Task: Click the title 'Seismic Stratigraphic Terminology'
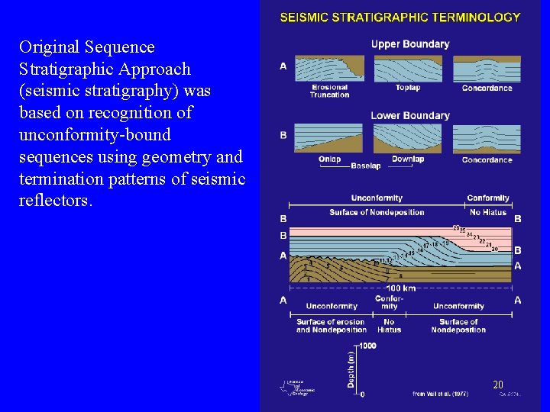click(x=400, y=17)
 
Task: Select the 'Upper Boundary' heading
click(x=410, y=44)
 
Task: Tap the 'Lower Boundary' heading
click(x=410, y=115)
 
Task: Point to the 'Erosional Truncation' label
click(x=330, y=91)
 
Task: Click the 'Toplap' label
click(x=408, y=88)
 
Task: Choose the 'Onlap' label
click(x=329, y=159)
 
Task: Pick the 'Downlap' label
click(x=407, y=159)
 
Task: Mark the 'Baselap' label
click(x=367, y=166)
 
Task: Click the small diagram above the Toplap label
click(x=407, y=68)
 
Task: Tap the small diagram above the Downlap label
click(x=407, y=139)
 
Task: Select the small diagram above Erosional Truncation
click(x=329, y=68)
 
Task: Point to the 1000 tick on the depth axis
click(x=367, y=346)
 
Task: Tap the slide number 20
click(x=498, y=385)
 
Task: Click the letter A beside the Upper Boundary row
click(x=283, y=66)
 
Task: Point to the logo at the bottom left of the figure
click(x=295, y=386)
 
